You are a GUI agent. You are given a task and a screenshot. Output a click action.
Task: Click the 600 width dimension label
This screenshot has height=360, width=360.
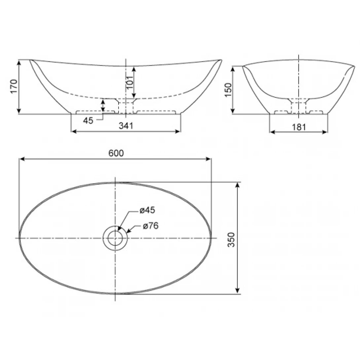click(x=116, y=153)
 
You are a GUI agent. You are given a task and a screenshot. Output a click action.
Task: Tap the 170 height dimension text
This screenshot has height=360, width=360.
click(x=13, y=87)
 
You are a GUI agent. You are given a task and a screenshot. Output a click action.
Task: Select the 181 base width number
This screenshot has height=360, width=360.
click(x=299, y=126)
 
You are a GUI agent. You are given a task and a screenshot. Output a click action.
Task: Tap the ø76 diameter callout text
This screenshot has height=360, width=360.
click(x=151, y=226)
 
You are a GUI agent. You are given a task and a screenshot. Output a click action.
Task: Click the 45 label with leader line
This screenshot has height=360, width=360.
click(x=88, y=121)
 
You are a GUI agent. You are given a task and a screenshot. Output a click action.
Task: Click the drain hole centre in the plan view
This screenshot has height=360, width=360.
click(x=115, y=238)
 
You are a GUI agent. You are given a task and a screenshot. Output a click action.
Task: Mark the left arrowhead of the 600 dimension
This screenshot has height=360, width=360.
click(x=21, y=159)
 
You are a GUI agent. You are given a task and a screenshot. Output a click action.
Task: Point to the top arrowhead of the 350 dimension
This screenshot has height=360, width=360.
click(x=237, y=184)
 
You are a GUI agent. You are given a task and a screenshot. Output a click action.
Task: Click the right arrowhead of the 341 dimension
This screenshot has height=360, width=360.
click(x=179, y=131)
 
